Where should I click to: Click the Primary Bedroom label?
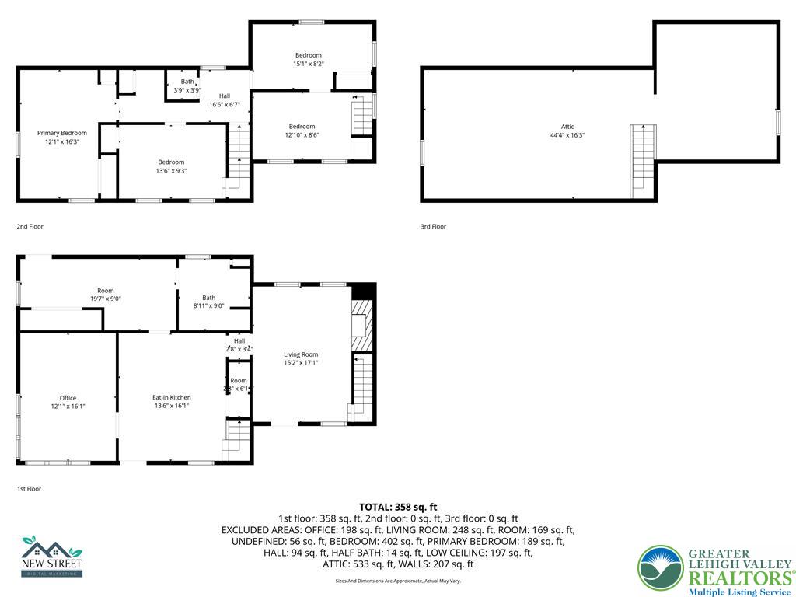[x=62, y=133]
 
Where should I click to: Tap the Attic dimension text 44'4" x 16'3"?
[x=567, y=135]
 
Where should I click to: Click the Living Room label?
[x=301, y=354]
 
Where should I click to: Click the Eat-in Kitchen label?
[x=171, y=397]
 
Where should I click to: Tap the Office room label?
[x=68, y=397]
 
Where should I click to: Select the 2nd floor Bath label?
[x=187, y=82]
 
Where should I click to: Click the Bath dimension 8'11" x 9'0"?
[x=208, y=306]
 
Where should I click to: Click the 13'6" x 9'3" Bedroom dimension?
[x=171, y=171]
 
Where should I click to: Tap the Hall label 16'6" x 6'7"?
[x=224, y=104]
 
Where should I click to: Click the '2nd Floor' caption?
[x=30, y=227]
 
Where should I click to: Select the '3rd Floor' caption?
[x=434, y=227]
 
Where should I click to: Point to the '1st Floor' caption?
[x=29, y=489]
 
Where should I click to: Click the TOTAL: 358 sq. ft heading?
[x=397, y=507]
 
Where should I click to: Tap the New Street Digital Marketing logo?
[x=52, y=556]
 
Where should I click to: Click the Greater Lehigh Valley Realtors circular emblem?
[x=660, y=567]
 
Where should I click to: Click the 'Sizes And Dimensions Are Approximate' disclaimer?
[x=397, y=581]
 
